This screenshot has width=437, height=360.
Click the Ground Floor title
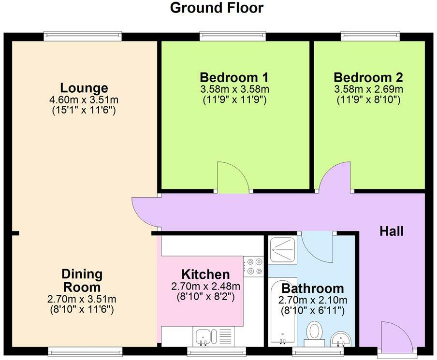point(217,8)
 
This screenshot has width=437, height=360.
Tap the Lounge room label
point(84,88)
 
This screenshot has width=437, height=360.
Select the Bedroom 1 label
point(234,77)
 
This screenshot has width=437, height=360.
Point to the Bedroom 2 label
point(368,77)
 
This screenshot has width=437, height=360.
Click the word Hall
point(392,231)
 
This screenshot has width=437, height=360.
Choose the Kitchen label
point(205,274)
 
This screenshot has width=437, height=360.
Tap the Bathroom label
point(313,288)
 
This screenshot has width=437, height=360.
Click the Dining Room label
point(82,281)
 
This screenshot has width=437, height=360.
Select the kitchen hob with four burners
point(253,266)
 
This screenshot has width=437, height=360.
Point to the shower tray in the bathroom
point(283,250)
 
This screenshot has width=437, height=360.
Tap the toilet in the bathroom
point(314,334)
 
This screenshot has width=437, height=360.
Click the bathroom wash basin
point(341,339)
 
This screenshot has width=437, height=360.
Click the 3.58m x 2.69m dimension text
point(368,89)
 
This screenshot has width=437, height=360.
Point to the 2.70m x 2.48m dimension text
point(205,286)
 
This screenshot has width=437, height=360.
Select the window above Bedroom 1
point(233,36)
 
